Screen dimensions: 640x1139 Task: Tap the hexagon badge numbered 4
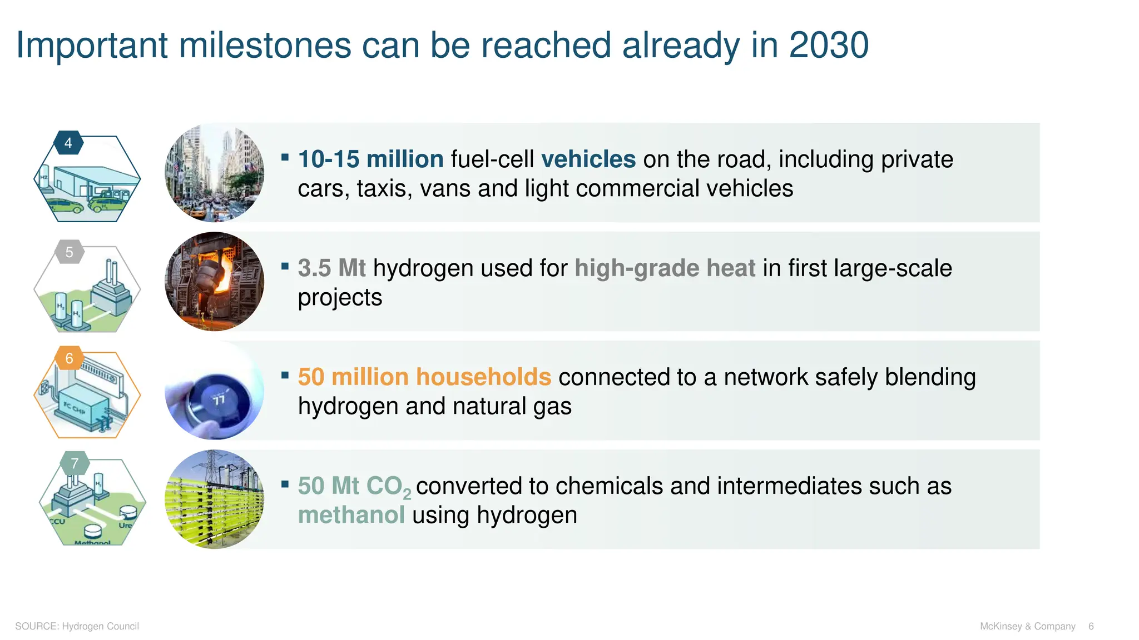(68, 143)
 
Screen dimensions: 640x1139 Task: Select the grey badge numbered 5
(70, 252)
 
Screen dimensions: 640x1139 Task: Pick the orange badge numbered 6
(70, 358)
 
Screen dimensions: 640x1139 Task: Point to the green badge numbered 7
(75, 463)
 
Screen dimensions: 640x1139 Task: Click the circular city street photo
(215, 173)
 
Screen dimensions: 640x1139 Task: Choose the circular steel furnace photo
(215, 282)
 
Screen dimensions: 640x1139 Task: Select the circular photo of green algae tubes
(215, 499)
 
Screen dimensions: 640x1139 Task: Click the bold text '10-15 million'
(370, 159)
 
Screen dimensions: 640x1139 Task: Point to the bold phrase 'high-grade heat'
(665, 268)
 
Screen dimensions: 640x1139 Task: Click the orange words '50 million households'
(424, 377)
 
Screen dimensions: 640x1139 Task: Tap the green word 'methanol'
(351, 515)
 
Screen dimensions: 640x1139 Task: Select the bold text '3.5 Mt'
(331, 268)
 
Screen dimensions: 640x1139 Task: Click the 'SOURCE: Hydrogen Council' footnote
(77, 626)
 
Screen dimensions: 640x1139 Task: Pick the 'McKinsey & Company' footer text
(1027, 626)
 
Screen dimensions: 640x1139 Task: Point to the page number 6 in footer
(1091, 626)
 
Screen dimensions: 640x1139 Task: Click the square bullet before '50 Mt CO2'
(285, 484)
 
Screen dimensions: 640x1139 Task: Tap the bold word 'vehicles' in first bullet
(588, 159)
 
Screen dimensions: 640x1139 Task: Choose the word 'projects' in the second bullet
(340, 298)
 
